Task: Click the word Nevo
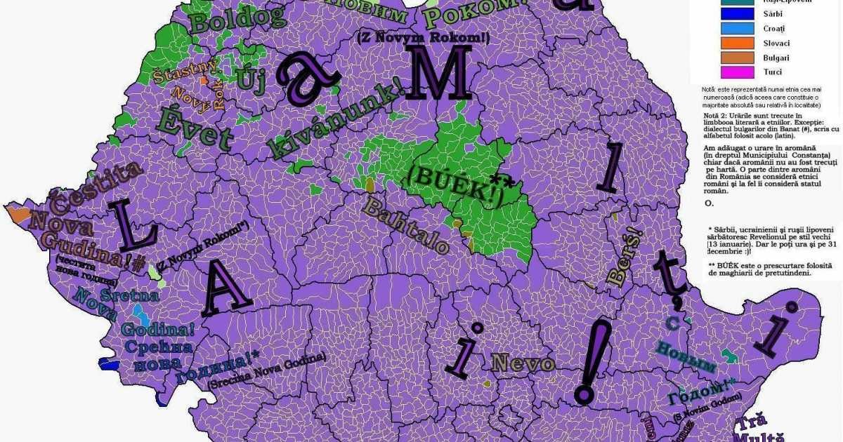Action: pyautogui.click(x=523, y=363)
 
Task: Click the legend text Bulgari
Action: pyautogui.click(x=776, y=58)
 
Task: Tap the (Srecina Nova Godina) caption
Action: pyautogui.click(x=267, y=370)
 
